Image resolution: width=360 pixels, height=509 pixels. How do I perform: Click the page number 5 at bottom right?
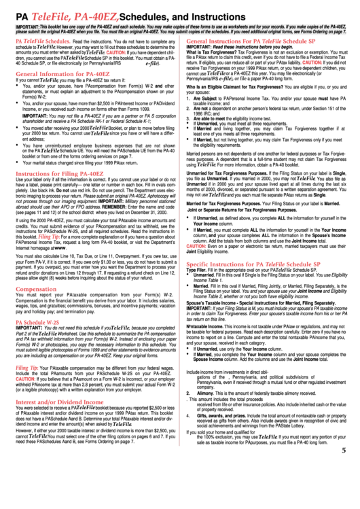point(344,487)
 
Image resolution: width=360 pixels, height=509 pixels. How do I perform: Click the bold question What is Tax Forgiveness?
point(212,52)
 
